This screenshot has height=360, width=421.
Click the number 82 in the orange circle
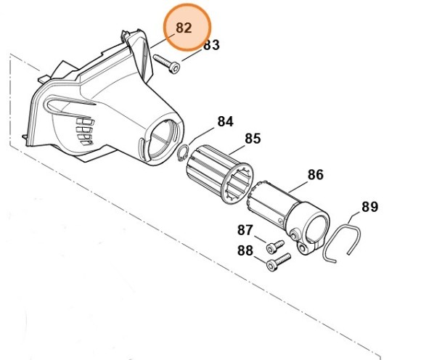tap(184, 28)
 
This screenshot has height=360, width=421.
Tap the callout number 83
tap(210, 45)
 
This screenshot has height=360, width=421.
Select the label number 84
tap(225, 121)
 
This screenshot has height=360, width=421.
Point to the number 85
tap(252, 138)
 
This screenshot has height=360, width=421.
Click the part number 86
tap(315, 175)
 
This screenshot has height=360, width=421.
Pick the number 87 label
tap(245, 231)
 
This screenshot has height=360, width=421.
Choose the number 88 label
tap(245, 250)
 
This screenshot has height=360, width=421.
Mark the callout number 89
tap(369, 207)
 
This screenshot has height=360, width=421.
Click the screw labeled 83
tap(166, 66)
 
